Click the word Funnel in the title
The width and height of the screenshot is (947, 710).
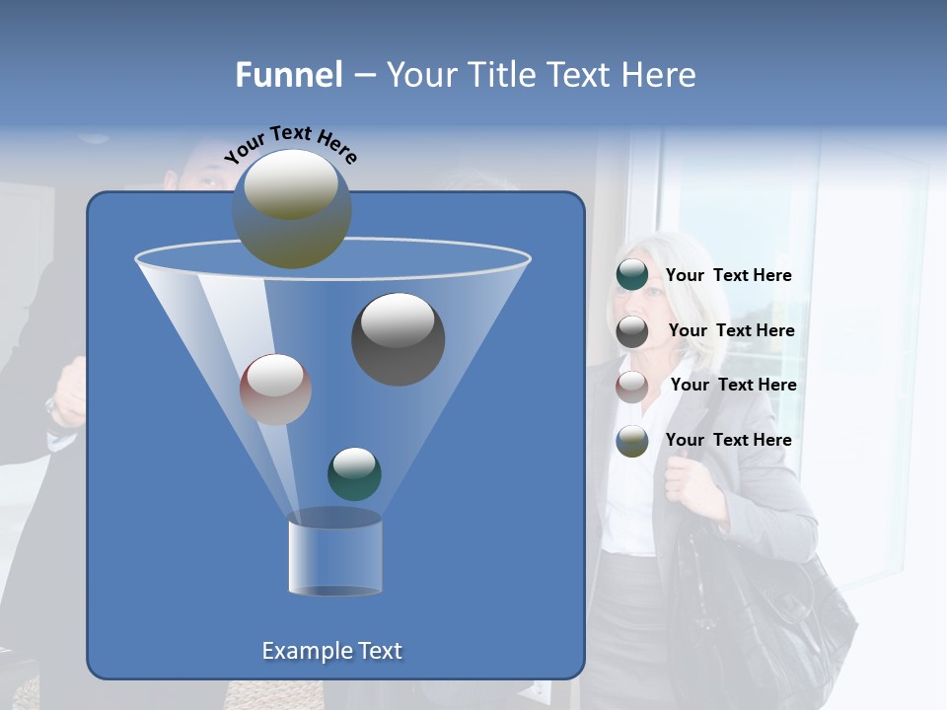tap(289, 75)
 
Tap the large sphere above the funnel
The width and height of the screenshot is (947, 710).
tap(292, 208)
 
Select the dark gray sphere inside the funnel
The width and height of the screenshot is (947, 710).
tap(399, 338)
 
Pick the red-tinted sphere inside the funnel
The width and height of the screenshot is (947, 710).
tap(275, 390)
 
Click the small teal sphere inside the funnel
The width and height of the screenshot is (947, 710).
tap(354, 473)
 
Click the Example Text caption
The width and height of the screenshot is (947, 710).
tap(332, 651)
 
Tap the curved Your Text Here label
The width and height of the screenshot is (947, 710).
tap(290, 142)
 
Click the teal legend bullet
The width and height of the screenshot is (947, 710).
tap(632, 275)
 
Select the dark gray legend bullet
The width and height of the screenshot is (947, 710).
tap(632, 331)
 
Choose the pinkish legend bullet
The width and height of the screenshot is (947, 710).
tap(632, 386)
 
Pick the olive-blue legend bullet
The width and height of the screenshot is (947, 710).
tap(632, 441)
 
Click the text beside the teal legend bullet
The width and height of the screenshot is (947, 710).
tap(728, 276)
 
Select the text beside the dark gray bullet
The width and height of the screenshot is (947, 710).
tap(731, 330)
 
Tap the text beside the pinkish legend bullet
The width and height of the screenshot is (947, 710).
tap(733, 385)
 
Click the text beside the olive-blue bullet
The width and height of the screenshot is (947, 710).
tap(728, 440)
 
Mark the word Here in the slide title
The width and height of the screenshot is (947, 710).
tap(659, 75)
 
